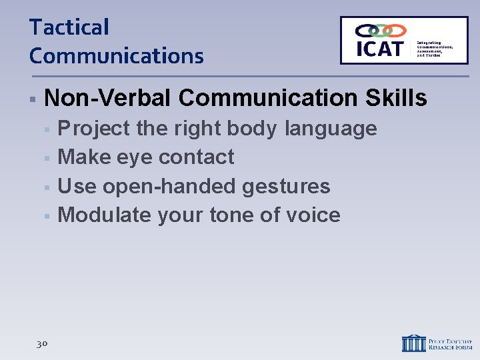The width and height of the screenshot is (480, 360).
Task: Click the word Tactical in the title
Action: click(x=69, y=27)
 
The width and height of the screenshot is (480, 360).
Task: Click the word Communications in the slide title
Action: click(x=116, y=56)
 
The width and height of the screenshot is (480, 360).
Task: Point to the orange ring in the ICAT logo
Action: click(x=396, y=31)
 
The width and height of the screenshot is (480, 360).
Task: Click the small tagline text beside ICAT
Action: click(x=434, y=48)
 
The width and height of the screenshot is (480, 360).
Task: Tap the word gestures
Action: click(x=286, y=187)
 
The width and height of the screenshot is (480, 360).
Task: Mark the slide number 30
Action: click(x=41, y=343)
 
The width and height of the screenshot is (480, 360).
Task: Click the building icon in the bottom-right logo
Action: click(x=413, y=343)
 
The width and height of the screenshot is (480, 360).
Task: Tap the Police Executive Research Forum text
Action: click(x=450, y=343)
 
